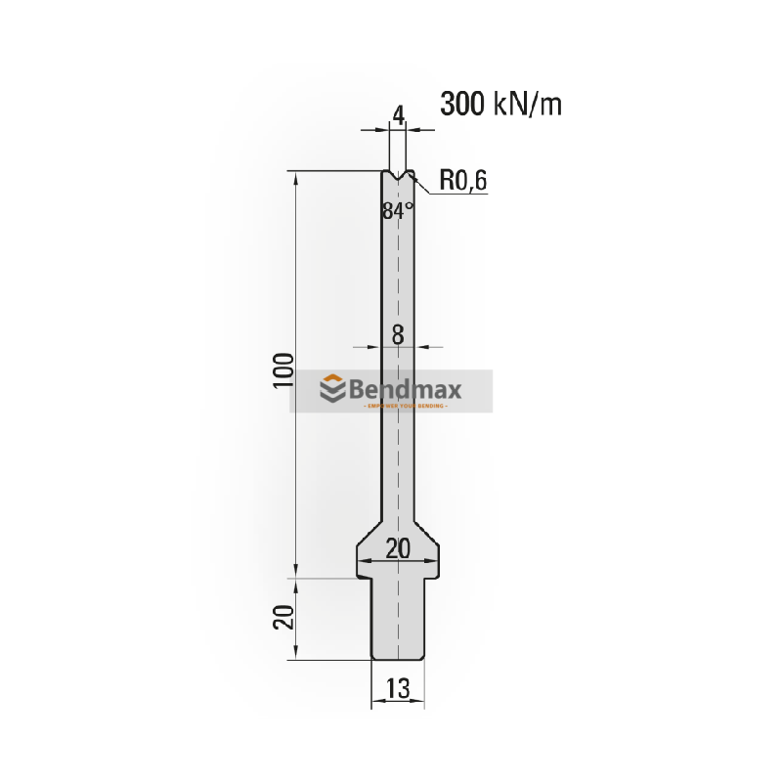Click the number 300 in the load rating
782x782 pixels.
click(462, 103)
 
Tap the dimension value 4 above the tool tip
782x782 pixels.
click(398, 115)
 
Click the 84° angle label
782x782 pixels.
click(398, 210)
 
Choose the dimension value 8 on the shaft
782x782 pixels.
click(398, 334)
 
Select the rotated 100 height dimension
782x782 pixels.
click(282, 371)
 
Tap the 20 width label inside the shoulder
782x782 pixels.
click(397, 549)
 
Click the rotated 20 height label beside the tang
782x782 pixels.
click(282, 618)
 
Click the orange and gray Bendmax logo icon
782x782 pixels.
click(333, 390)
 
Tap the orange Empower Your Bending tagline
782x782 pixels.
click(405, 406)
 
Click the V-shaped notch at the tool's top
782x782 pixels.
click(398, 178)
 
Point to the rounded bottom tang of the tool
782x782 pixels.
click(398, 645)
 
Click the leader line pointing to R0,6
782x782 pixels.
click(427, 188)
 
